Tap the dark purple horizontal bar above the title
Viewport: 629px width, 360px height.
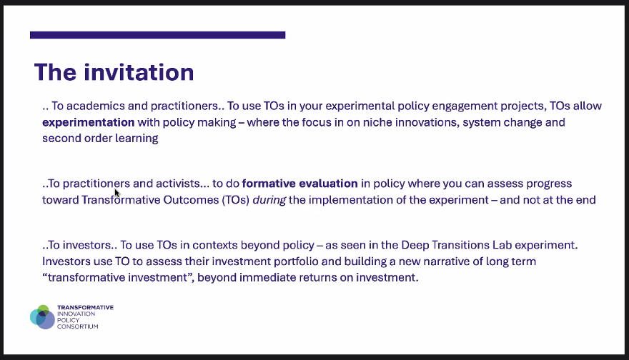click(157, 34)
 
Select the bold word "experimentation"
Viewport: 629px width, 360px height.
click(89, 122)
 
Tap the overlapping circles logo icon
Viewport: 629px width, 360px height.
click(42, 316)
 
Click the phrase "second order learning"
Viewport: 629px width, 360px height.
click(100, 139)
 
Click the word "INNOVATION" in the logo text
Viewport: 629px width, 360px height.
click(80, 314)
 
